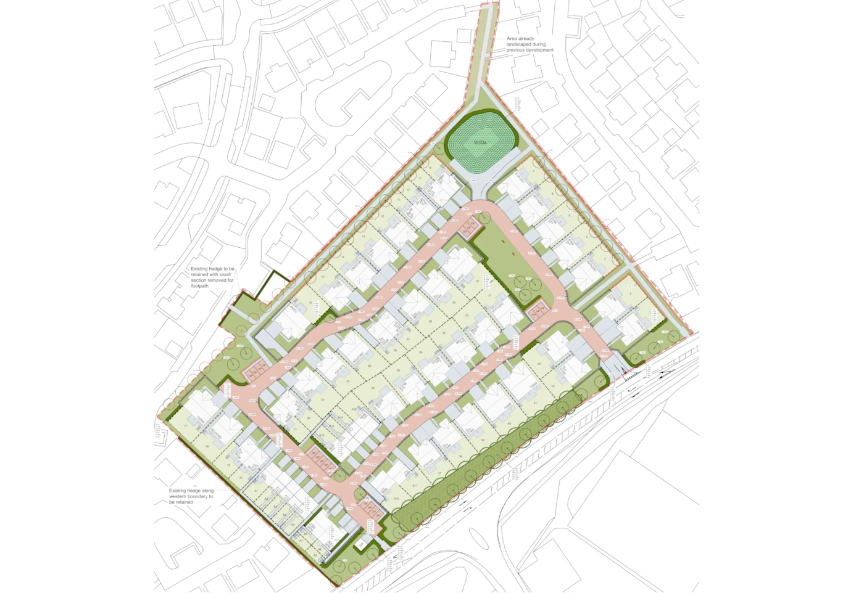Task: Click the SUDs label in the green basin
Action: [x=480, y=143]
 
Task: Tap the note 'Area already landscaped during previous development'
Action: [x=530, y=44]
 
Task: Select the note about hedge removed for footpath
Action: [x=212, y=277]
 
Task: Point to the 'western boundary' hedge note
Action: [x=191, y=496]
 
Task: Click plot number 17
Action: [x=185, y=426]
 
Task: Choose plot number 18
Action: [x=207, y=447]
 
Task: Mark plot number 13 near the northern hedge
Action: [x=364, y=237]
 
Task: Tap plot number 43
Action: [x=553, y=387]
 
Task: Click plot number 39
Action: [x=461, y=456]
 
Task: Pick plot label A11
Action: [x=415, y=486]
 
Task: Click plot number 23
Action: [x=323, y=399]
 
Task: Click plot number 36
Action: [x=373, y=388]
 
